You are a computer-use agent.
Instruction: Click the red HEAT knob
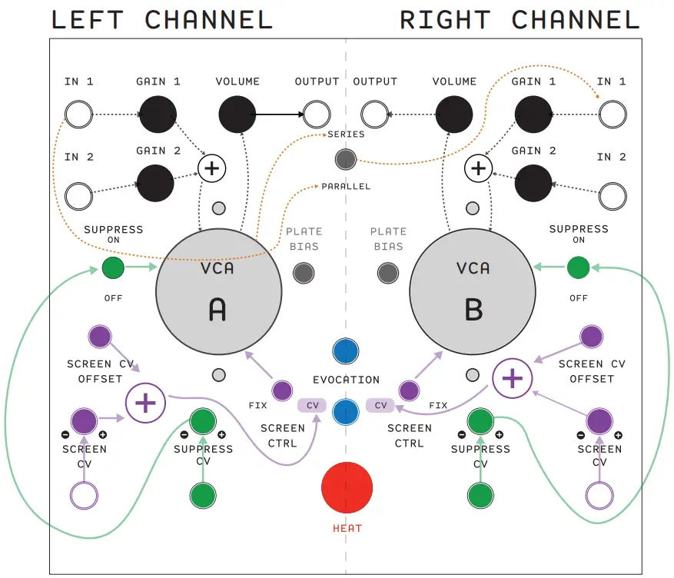click(x=347, y=487)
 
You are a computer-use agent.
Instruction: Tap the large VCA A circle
click(x=217, y=291)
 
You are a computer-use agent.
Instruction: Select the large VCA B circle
click(x=471, y=291)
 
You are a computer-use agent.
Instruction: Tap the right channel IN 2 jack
click(x=612, y=195)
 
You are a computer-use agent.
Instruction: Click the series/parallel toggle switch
click(x=346, y=159)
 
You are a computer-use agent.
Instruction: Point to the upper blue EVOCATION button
click(x=346, y=350)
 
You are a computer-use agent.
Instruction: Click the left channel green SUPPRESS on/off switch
click(x=112, y=267)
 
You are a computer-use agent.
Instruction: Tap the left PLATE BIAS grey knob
click(x=304, y=272)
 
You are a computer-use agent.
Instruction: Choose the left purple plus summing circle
click(x=145, y=404)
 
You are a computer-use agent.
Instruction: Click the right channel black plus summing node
click(x=479, y=168)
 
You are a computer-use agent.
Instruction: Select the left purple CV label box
click(x=312, y=405)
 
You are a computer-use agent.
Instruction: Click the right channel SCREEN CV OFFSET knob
click(x=591, y=336)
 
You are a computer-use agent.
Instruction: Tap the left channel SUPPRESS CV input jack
click(x=203, y=494)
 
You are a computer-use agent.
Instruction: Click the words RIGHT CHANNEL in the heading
click(x=520, y=20)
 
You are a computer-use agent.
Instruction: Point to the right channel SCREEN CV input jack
click(x=599, y=494)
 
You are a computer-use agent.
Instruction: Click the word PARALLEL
click(x=346, y=187)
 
